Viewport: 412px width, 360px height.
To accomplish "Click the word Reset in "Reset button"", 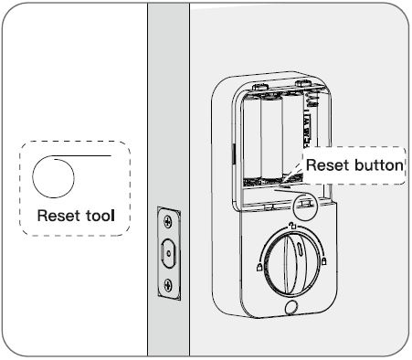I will point(327,165).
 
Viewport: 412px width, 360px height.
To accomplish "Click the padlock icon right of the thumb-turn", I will point(326,264).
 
